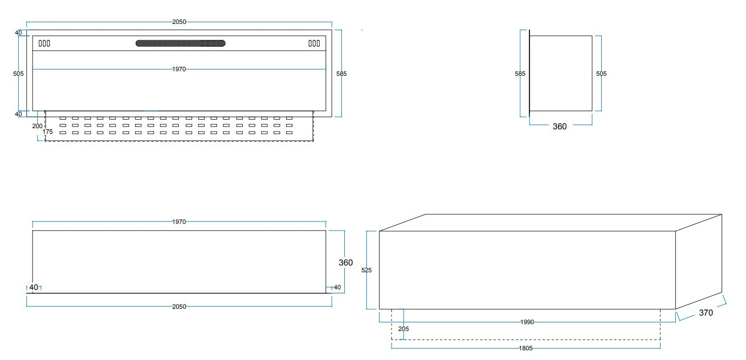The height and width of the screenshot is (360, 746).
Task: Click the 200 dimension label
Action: coord(37,125)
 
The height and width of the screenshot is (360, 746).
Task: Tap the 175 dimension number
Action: coord(48,132)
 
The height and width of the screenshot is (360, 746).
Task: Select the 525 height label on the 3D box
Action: coord(366,271)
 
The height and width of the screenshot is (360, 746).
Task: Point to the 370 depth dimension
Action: coord(706,312)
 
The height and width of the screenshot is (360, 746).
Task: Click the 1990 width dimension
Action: coord(527,322)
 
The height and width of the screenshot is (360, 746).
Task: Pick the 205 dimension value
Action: coord(403,329)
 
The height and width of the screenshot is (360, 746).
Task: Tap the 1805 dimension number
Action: coord(525,347)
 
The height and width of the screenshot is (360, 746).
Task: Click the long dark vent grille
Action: coord(180,43)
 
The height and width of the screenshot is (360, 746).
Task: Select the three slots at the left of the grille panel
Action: coord(44,43)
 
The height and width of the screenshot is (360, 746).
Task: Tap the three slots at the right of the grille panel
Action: coord(314,43)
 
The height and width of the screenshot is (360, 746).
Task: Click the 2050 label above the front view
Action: coord(179,22)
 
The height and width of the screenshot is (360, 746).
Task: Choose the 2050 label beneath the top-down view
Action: coord(179,306)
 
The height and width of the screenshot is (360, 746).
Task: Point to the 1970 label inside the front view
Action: coord(179,69)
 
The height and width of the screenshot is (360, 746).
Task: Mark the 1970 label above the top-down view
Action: coord(179,222)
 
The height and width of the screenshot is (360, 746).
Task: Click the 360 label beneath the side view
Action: coord(560,126)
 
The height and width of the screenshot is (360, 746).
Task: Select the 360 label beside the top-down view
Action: coord(345,263)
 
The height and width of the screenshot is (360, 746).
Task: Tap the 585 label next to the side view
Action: coord(520,73)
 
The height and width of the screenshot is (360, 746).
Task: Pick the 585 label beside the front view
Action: coord(341,73)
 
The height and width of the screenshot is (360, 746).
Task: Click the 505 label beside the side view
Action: coord(601,73)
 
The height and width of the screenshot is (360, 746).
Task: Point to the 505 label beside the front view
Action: coord(18,73)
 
